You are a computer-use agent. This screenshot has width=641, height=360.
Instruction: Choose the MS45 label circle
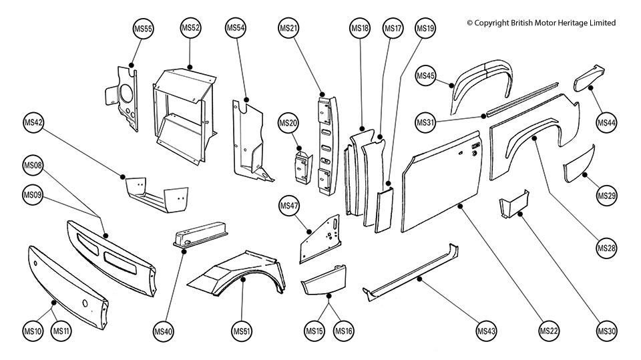425,76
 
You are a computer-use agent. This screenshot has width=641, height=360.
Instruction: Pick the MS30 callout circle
607,331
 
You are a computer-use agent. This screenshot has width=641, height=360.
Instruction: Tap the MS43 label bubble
486,331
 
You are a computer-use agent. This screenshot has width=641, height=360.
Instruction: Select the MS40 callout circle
164,331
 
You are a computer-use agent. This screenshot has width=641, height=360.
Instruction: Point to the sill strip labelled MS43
414,274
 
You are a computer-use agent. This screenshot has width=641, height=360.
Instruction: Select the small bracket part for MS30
514,203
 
